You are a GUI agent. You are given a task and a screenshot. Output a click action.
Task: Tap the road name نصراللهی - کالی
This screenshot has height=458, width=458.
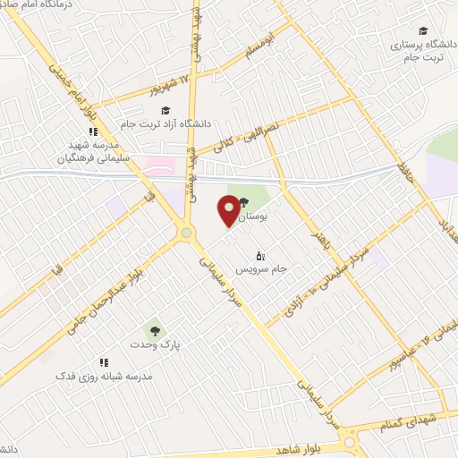(x=233, y=134)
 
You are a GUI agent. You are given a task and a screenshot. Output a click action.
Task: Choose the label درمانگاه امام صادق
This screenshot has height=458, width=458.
(x=37, y=5)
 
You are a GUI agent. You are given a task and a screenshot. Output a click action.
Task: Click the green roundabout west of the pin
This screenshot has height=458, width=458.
(x=186, y=233)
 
